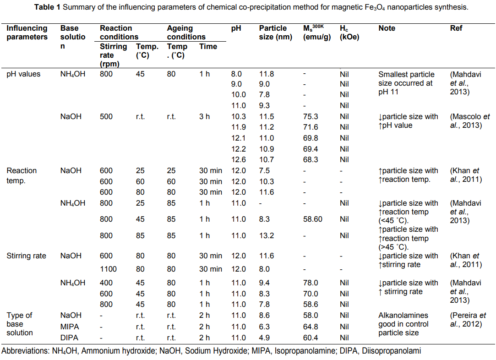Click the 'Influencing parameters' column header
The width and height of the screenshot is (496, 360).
[x=27, y=33]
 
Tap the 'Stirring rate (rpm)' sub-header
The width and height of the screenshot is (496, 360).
[x=113, y=55]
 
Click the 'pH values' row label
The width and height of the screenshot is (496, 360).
[x=23, y=74]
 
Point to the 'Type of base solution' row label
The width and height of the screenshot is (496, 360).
[x=20, y=324]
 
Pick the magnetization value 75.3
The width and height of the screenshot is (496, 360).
[x=311, y=116]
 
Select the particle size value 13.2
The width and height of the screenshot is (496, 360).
[x=267, y=235]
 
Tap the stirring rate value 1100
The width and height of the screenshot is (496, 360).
[x=109, y=269]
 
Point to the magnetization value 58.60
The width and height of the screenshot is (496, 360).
[x=312, y=219]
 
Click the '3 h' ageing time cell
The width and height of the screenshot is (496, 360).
[x=204, y=116]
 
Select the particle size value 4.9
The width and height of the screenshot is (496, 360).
[x=264, y=338]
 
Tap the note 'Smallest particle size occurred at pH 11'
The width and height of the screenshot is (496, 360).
[x=405, y=83]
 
